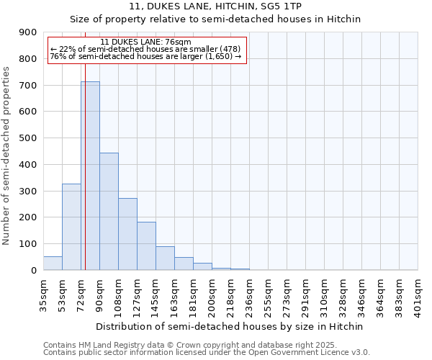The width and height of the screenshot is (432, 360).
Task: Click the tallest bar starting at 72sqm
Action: [90, 176]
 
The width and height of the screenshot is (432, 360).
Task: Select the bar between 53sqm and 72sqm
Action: [71, 227]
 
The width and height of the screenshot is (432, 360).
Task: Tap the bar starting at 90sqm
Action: [109, 212]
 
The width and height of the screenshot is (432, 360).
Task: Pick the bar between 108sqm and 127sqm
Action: [127, 234]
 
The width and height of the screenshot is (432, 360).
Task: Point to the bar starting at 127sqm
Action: [146, 246]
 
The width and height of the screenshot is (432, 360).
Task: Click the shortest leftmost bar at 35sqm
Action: [53, 264]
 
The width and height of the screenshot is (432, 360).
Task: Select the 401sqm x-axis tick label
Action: [418, 294]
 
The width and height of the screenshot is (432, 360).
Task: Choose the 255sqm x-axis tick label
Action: [268, 294]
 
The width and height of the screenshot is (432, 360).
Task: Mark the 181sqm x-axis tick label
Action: [193, 294]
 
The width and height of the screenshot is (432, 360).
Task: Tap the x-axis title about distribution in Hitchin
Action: [230, 326]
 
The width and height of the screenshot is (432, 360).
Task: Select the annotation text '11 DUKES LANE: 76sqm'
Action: [146, 42]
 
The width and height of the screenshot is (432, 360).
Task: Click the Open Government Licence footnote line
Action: [207, 353]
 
